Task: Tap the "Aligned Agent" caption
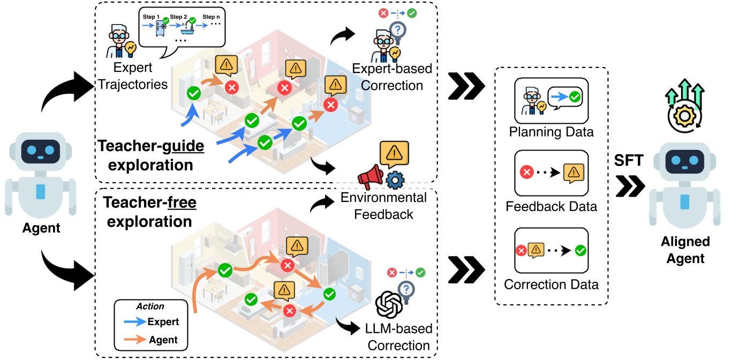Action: tap(685, 250)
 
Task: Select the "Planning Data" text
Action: tap(552, 131)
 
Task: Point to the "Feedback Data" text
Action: tap(552, 206)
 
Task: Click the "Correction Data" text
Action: tap(552, 284)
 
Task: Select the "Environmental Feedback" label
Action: tap(384, 206)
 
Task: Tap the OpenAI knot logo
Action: tap(389, 305)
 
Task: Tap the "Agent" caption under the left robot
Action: tap(41, 228)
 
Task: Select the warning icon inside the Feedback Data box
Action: tap(574, 172)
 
